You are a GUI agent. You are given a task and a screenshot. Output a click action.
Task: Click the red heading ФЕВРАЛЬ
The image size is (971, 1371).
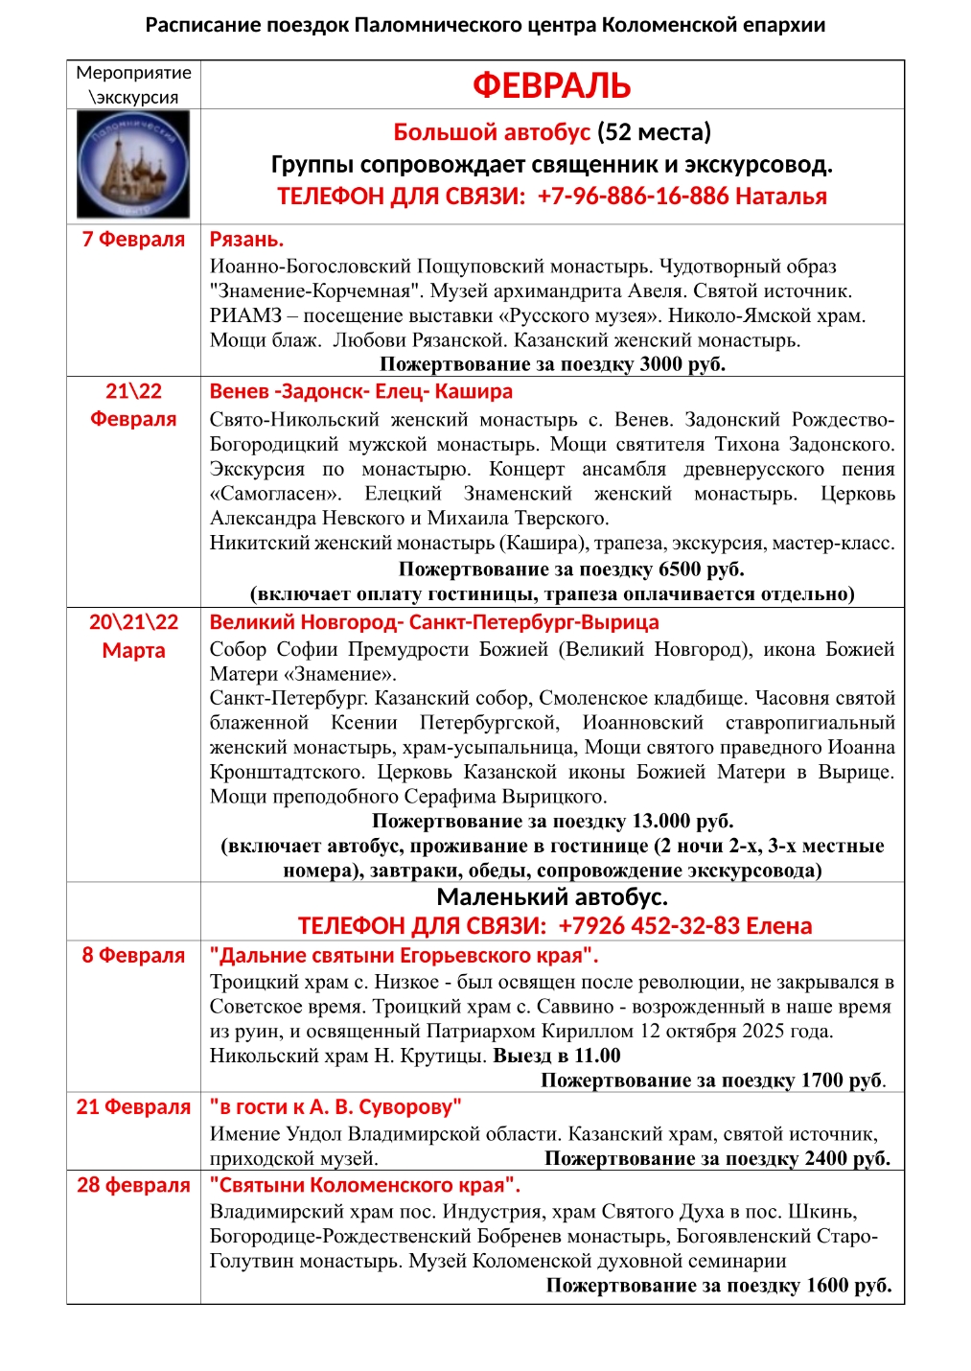click(x=551, y=85)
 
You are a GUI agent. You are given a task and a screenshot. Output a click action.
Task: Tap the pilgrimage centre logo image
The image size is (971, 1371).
click(x=133, y=165)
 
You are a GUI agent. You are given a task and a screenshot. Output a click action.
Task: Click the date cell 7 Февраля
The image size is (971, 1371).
click(x=133, y=239)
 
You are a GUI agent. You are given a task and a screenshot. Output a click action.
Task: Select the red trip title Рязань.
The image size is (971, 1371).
click(x=246, y=240)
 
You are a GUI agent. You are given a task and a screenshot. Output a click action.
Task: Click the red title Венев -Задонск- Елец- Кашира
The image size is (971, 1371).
click(x=360, y=391)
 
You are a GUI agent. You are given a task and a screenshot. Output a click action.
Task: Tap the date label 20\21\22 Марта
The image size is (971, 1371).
click(x=133, y=636)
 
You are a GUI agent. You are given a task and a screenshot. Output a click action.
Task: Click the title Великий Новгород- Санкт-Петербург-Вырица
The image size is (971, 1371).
click(x=434, y=622)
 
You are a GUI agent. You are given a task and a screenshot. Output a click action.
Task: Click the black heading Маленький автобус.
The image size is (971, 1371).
click(x=551, y=897)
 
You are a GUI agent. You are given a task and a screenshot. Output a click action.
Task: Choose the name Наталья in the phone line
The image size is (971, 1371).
click(x=780, y=197)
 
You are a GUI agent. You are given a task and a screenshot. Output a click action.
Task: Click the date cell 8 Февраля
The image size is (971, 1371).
click(x=133, y=955)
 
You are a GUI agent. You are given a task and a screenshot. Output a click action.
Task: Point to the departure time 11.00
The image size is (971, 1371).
click(x=597, y=1057)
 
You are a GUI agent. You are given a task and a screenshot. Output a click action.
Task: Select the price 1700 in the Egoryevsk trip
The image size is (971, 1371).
click(x=821, y=1081)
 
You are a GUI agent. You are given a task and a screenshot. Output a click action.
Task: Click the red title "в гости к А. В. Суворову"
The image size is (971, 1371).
click(x=335, y=1107)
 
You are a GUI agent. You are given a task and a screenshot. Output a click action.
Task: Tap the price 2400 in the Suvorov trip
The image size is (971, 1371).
click(x=825, y=1158)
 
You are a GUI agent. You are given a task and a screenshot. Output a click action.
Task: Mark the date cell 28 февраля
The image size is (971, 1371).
click(x=133, y=1185)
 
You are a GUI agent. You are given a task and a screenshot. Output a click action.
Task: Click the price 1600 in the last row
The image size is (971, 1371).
click(x=827, y=1286)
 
